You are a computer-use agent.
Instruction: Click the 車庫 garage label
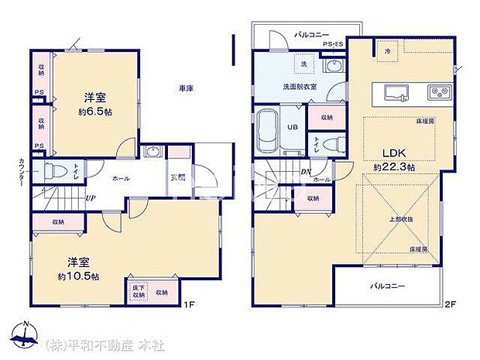tap(186, 88)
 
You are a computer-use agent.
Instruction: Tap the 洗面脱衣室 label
tap(298, 87)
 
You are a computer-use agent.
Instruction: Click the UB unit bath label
tap(293, 127)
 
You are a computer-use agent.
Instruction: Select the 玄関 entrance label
tap(178, 177)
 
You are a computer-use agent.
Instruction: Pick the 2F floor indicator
tap(450, 305)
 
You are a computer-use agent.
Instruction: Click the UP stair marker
tap(91, 197)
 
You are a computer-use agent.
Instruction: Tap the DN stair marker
tap(307, 172)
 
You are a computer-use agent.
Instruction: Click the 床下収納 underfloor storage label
tap(138, 292)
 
